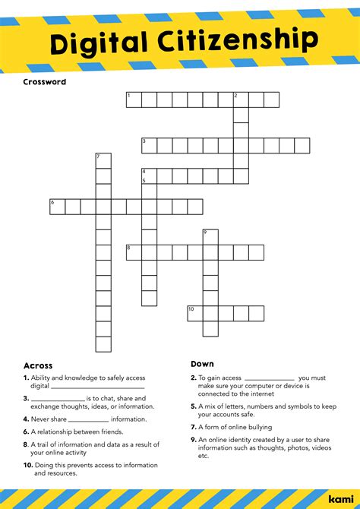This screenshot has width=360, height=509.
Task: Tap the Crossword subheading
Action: point(44,81)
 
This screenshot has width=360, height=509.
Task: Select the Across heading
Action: point(38,365)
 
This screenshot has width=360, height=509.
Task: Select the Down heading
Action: point(202,364)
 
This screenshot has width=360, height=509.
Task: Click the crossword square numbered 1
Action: point(134,100)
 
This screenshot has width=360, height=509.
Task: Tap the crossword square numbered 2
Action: point(241,100)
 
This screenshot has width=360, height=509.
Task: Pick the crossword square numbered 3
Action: point(149,145)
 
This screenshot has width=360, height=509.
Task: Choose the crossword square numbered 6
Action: point(58,207)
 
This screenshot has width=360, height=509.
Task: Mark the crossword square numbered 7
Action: point(103,161)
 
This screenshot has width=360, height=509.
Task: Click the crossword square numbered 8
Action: point(134,252)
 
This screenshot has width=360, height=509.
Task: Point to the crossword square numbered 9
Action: point(210,237)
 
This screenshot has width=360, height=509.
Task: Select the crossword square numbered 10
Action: point(195,313)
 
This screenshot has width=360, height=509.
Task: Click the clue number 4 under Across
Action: point(26,419)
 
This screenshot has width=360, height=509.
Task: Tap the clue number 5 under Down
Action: point(194,406)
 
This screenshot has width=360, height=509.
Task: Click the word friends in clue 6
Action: point(106,432)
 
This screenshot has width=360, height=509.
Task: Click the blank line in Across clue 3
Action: point(57,399)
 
